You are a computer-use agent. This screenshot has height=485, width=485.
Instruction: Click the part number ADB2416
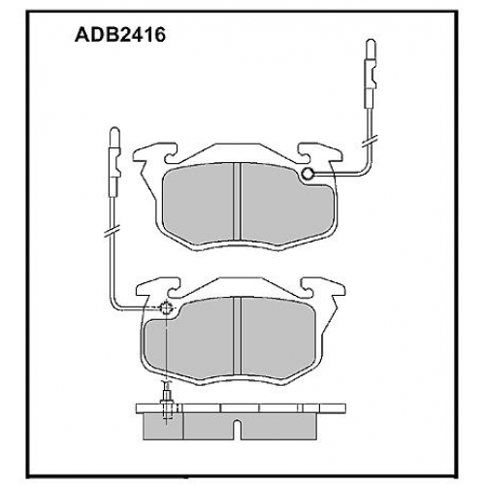click(x=120, y=35)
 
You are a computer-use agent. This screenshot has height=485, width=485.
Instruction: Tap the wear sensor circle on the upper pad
click(x=307, y=174)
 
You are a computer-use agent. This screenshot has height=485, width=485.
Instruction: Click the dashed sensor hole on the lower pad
click(x=166, y=307)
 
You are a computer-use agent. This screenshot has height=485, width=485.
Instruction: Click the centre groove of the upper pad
click(x=238, y=202)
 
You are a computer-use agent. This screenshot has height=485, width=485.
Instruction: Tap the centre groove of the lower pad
click(x=238, y=336)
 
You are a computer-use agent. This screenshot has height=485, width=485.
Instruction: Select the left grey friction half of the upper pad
click(x=198, y=204)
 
